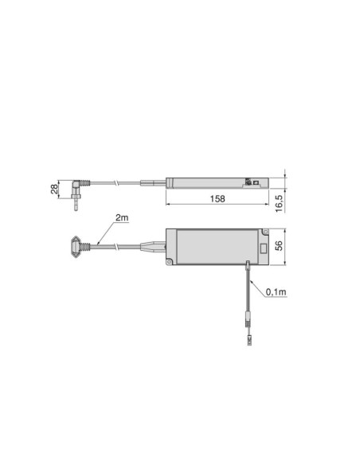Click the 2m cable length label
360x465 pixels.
click(121, 218)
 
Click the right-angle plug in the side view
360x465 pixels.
click(75, 191)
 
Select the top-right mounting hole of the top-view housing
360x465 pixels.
click(261, 232)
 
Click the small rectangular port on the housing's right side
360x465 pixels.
click(249, 264)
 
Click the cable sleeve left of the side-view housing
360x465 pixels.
click(151, 182)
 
